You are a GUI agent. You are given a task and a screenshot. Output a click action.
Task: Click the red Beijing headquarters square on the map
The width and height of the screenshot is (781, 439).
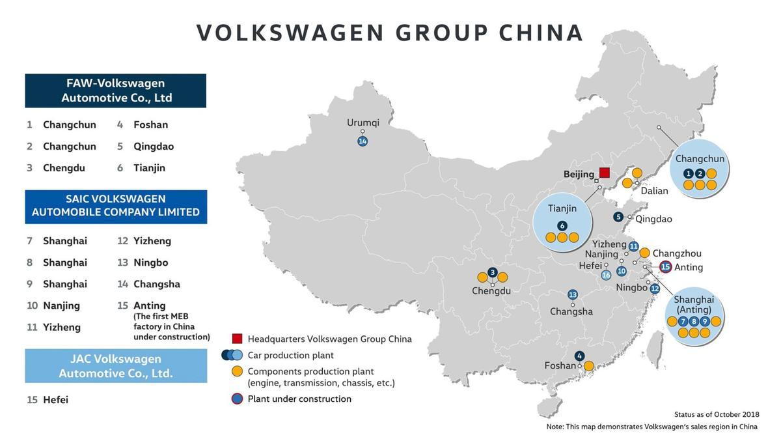pos(604,173)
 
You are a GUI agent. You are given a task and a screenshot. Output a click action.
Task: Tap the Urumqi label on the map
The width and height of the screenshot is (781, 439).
pos(363,122)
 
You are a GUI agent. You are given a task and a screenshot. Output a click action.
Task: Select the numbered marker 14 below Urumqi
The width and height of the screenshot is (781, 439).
pos(363,141)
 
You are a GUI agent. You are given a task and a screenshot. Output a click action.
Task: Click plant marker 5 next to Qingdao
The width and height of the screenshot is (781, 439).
pos(618,217)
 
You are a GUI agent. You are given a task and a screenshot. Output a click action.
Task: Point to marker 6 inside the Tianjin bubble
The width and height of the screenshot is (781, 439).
pos(562,226)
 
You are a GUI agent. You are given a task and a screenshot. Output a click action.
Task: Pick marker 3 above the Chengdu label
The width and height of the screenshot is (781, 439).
pos(493,272)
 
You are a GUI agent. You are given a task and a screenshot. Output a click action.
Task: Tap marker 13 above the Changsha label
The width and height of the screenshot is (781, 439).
pos(573,294)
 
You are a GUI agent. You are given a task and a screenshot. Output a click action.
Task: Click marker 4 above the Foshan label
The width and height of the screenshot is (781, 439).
pos(579,356)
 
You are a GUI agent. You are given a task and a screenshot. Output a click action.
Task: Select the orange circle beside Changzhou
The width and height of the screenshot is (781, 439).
pos(644,253)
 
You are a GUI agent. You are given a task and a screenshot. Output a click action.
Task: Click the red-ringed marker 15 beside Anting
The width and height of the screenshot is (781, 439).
pos(665,266)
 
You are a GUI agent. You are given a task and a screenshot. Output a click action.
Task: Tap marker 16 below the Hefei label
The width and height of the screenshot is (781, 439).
pos(606,276)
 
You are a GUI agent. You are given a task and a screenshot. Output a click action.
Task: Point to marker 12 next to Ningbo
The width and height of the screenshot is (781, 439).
pos(655,289)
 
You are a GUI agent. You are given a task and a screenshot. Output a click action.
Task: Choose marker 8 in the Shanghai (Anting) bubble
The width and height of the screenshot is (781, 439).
pos(694,321)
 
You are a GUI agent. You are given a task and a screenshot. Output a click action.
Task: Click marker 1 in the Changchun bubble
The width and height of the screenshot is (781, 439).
pos(689,173)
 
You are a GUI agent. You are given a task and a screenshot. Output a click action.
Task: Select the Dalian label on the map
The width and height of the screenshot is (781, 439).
pos(654,191)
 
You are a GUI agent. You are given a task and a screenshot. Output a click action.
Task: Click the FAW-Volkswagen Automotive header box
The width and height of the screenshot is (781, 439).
pos(115,91)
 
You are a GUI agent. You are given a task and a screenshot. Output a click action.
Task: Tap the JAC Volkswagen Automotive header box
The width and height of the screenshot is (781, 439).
pos(115,366)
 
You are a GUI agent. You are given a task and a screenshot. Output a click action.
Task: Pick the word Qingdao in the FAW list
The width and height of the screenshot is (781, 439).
pos(154,147)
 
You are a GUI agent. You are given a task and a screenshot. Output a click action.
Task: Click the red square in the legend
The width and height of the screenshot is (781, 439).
pos(237,339)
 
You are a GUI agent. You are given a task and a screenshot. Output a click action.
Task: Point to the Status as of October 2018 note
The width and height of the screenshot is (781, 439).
pos(717,414)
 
